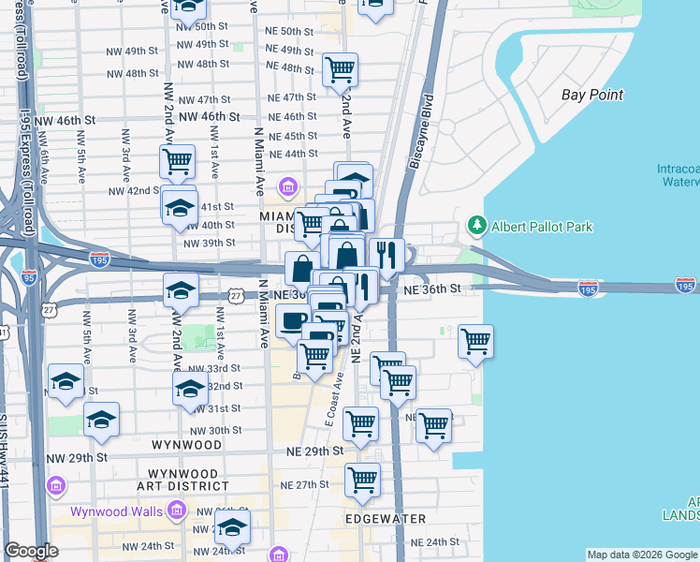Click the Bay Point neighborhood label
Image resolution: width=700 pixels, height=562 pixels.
click(x=591, y=95)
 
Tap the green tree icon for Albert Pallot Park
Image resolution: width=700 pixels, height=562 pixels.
click(x=477, y=226)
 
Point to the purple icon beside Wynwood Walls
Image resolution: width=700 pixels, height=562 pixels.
click(x=175, y=510)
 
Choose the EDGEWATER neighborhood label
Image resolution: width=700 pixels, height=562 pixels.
click(x=386, y=518)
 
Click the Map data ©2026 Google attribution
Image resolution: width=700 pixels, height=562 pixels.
click(x=642, y=555)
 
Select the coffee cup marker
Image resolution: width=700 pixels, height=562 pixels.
click(x=292, y=320)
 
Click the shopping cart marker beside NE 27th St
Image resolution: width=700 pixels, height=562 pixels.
click(x=362, y=480)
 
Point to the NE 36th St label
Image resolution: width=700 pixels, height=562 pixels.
click(x=433, y=291)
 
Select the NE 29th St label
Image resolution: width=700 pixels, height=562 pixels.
click(x=314, y=451)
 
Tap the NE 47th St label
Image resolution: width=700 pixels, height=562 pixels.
click(x=292, y=97)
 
